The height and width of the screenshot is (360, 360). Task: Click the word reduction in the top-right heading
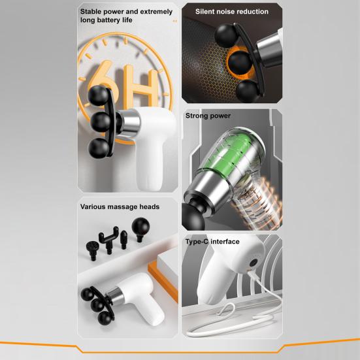point(252,11)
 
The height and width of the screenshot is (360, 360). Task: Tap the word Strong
point(199,116)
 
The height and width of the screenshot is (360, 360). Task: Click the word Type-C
point(198,242)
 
